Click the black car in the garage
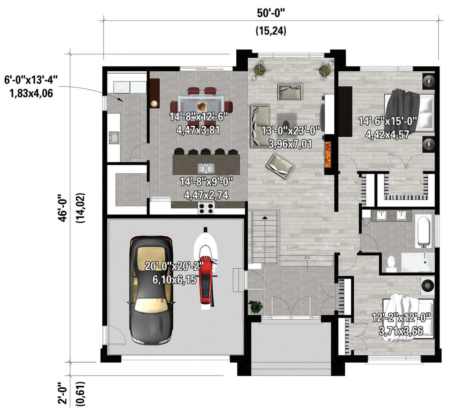point(151,290)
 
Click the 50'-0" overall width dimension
point(271,13)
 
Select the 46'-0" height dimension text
point(63,208)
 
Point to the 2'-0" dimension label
point(63,393)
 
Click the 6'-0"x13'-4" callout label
point(31,80)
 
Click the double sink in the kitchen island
point(206,168)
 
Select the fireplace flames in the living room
point(328,154)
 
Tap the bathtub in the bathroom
point(424,231)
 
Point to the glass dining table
point(201,103)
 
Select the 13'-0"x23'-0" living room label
point(291,131)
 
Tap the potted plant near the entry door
point(256,307)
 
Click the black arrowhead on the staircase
point(265,218)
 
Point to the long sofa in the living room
point(259,126)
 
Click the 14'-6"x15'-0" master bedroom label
point(388,122)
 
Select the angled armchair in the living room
point(280,166)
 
